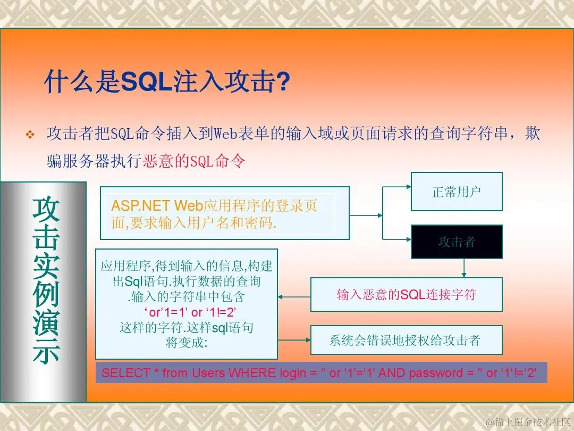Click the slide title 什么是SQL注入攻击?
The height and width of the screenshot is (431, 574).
(167, 81)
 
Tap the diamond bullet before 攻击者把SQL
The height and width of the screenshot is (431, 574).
(30, 135)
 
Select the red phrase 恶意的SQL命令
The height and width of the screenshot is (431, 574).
(194, 161)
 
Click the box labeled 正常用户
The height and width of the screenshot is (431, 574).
(457, 192)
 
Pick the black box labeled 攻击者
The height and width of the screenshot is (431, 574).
(457, 242)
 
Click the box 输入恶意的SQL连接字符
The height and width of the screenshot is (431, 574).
(407, 295)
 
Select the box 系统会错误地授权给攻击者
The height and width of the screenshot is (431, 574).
(407, 340)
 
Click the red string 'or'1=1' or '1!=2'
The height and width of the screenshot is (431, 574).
(190, 312)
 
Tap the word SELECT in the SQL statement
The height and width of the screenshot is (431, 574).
(125, 373)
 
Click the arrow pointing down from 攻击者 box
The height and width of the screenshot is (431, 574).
(464, 268)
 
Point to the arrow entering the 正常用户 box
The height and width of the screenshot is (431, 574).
(397, 187)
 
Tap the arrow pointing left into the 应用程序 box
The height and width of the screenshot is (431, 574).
(294, 297)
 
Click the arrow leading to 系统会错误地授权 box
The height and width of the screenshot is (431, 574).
(294, 340)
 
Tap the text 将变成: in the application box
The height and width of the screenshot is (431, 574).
(187, 343)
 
